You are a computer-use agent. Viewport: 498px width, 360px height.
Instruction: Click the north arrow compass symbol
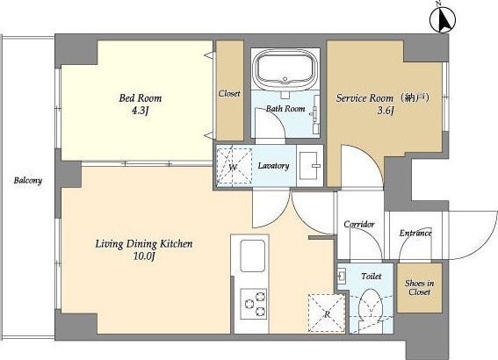pyautogui.click(x=442, y=19)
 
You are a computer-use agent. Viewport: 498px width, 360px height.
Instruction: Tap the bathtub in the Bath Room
pyautogui.click(x=285, y=69)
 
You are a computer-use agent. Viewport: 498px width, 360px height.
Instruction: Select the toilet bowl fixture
pyautogui.click(x=371, y=304)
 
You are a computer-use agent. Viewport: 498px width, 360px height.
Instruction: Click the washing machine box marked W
pyautogui.click(x=235, y=166)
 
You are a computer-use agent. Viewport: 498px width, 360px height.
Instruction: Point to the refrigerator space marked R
pyautogui.click(x=327, y=313)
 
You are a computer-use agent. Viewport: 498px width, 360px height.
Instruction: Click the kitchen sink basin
pyautogui.click(x=252, y=256)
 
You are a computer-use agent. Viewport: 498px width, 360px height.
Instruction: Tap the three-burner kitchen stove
pyautogui.click(x=253, y=304)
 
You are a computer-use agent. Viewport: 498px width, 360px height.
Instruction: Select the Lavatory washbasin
pyautogui.click(x=309, y=166)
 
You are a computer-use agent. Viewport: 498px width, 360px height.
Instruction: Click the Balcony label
pyautogui.click(x=28, y=181)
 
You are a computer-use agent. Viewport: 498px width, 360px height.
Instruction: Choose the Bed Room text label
pyautogui.click(x=140, y=97)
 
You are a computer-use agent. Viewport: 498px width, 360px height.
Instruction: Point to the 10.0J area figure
pyautogui.click(x=144, y=256)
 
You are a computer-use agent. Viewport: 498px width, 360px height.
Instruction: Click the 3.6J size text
pyautogui.click(x=386, y=112)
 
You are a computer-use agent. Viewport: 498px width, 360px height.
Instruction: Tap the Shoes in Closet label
pyautogui.click(x=419, y=287)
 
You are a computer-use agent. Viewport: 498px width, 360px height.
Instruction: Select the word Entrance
pyautogui.click(x=415, y=233)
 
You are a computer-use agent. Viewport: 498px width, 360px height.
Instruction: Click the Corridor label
pyautogui.click(x=359, y=225)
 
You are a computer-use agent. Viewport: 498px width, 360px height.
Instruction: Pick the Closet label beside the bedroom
pyautogui.click(x=229, y=94)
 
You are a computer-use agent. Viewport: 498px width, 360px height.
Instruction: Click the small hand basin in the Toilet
pyautogui.click(x=342, y=275)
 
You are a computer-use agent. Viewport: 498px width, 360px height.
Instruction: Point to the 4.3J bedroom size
pyautogui.click(x=140, y=112)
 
